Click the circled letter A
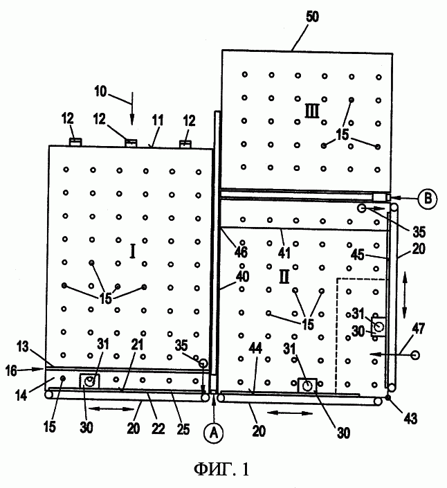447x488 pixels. coord(214,433)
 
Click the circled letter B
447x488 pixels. coord(428,199)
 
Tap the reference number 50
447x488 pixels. coord(312,17)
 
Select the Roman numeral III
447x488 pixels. coord(311,111)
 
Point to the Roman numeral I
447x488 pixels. coord(133,251)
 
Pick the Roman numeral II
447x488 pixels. coord(284,277)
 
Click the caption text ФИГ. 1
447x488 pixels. coord(221,469)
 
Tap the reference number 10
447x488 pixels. coord(100,91)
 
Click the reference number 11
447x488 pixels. coord(157,120)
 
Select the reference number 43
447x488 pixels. coord(410,419)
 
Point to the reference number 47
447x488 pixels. coord(419,329)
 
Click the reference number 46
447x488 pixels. coord(241,252)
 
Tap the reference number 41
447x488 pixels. coord(284,253)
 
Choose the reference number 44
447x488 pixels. coord(255,348)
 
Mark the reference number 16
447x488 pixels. coord(11,370)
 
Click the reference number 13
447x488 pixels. coord(22,347)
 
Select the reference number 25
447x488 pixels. coord(183,429)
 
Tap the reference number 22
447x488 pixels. coord(158,429)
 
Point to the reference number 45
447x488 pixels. coord(358,255)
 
